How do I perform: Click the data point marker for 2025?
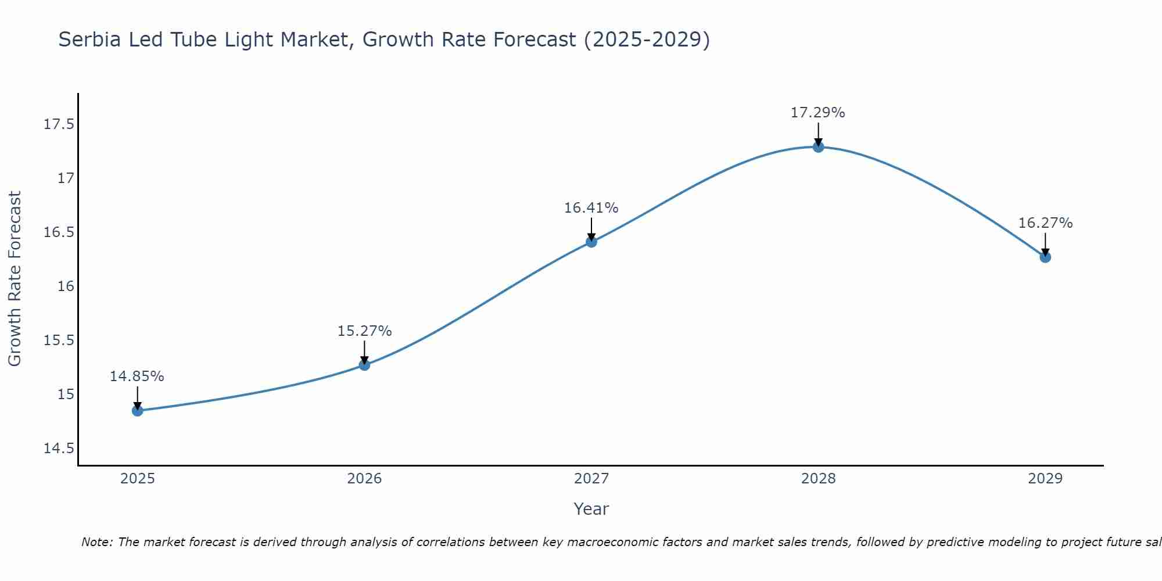(x=137, y=411)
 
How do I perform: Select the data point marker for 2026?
(x=364, y=365)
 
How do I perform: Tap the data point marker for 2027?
(x=591, y=242)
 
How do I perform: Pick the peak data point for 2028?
(x=818, y=147)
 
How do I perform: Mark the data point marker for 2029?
(x=1045, y=257)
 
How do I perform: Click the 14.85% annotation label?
(x=137, y=376)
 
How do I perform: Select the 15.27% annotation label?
(x=364, y=331)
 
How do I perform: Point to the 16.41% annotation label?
(x=591, y=208)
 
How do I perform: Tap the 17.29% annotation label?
(x=818, y=113)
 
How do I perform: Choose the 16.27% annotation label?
(x=1045, y=223)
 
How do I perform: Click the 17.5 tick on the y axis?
(x=59, y=124)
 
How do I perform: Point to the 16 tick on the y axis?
(x=66, y=286)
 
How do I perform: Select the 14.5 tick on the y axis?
(x=59, y=449)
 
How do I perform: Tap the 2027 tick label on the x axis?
(x=591, y=479)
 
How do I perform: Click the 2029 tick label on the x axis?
(x=1045, y=479)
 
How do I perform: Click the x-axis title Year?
(x=591, y=509)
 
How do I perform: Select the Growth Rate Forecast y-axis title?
(x=15, y=279)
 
